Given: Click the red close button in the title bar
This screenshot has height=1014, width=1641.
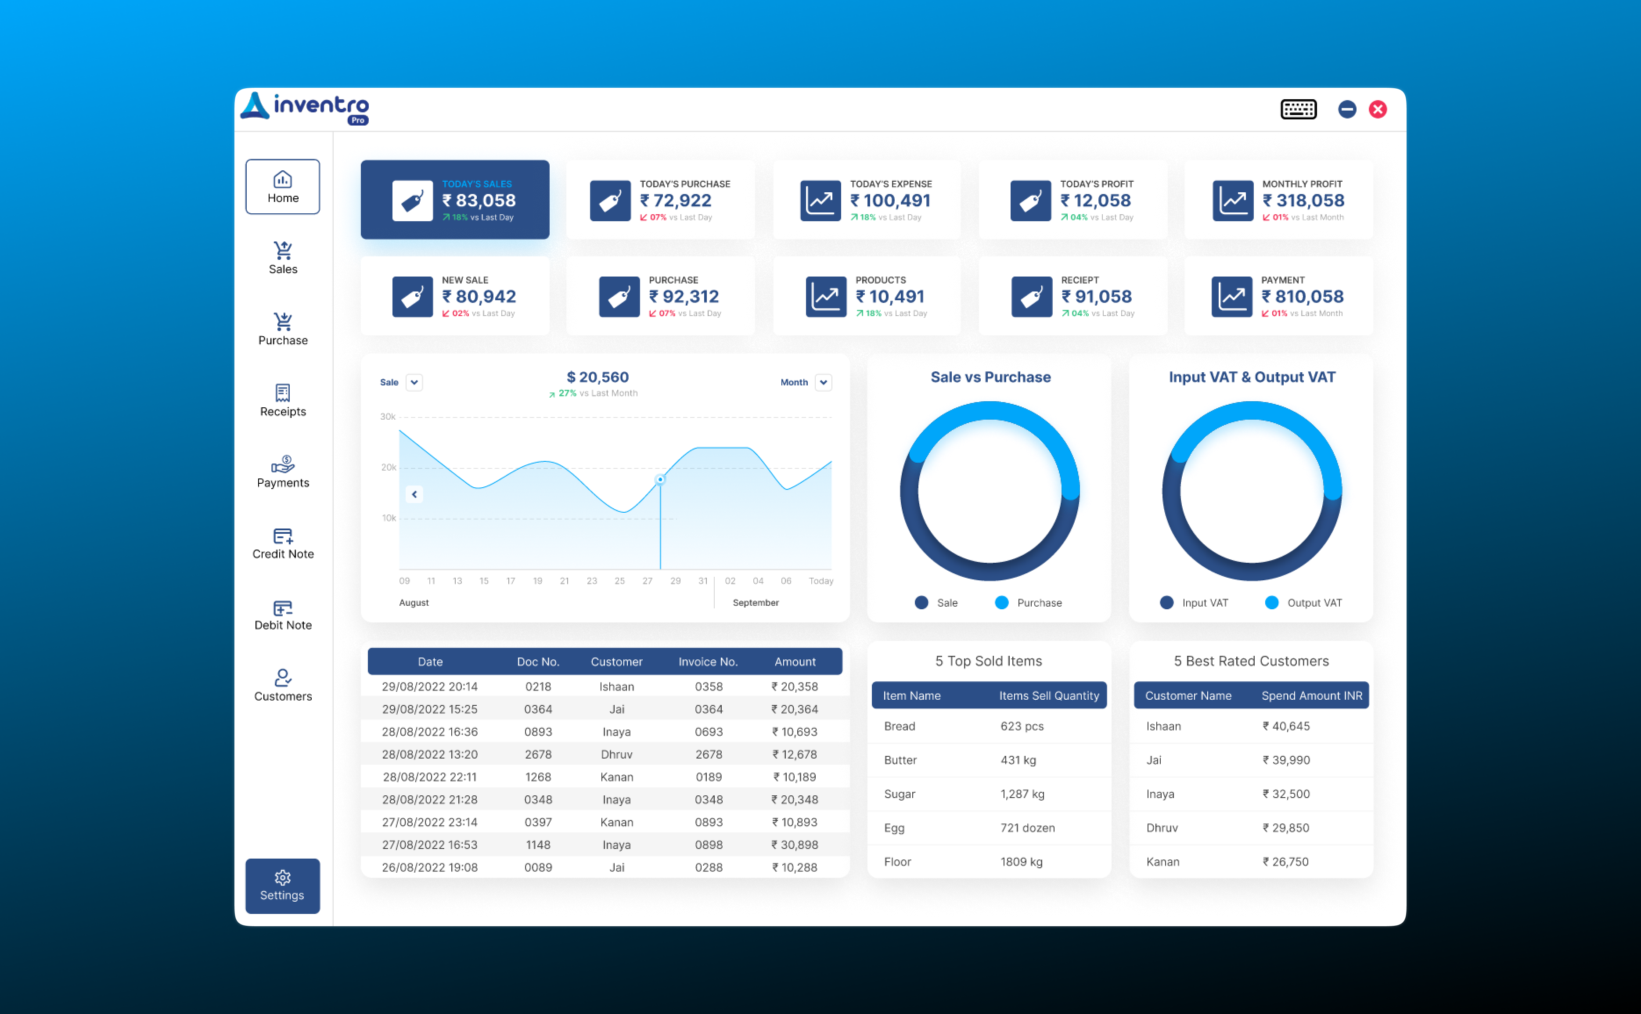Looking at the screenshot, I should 1378,109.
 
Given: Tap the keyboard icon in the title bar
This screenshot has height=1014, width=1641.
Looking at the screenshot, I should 1298,109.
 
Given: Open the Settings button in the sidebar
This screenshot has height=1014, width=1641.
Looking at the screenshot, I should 282,885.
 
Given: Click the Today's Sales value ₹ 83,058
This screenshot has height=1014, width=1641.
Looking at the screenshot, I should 479,201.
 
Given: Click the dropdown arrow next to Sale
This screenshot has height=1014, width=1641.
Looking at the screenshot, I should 414,382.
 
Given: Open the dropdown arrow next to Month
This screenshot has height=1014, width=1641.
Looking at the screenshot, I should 824,382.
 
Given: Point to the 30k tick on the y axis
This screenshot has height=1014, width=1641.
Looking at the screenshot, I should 388,417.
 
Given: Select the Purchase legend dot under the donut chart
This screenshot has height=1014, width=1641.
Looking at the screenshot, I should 1001,602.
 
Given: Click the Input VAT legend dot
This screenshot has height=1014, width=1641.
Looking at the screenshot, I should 1166,602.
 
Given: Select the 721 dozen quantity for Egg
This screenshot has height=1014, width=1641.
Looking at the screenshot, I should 1027,827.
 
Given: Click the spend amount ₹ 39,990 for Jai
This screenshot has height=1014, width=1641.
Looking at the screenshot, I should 1285,760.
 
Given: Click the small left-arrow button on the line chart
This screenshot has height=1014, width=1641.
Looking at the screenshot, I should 414,494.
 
